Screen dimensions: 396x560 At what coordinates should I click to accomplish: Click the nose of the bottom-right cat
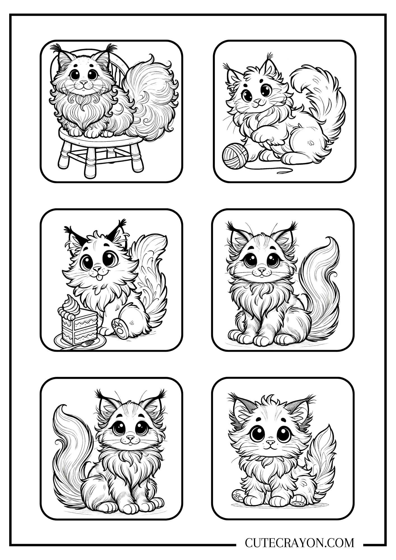coord(270,443)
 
